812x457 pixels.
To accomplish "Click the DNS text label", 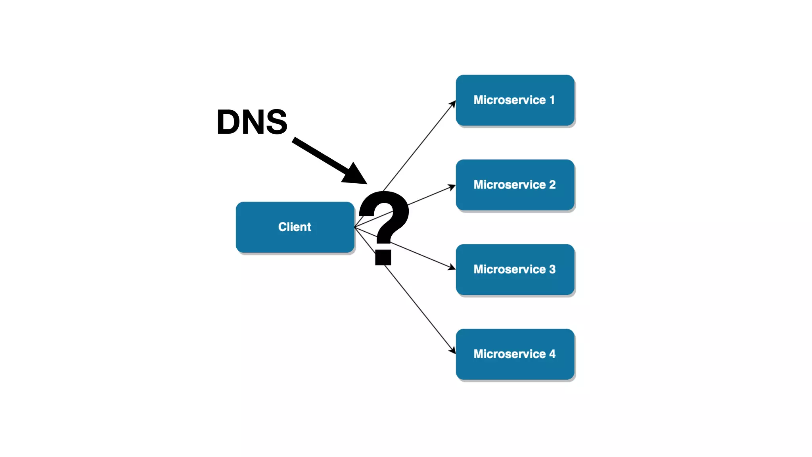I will [252, 122].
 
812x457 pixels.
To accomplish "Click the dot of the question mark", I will [383, 257].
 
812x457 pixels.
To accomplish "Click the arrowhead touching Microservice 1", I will [453, 104].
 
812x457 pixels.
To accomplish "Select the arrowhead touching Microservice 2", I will [452, 186].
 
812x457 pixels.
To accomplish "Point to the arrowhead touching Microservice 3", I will [452, 268].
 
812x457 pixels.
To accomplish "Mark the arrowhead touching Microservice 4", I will [453, 350].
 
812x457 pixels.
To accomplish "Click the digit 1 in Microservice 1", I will [552, 100].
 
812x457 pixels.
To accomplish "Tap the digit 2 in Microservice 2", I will [552, 184].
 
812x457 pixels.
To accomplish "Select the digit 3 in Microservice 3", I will [552, 269].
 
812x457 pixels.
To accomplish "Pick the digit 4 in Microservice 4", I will [552, 354].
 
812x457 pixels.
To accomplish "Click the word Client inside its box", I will [295, 227].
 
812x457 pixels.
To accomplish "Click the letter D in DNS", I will [229, 122].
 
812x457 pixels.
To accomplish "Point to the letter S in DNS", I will [276, 122].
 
